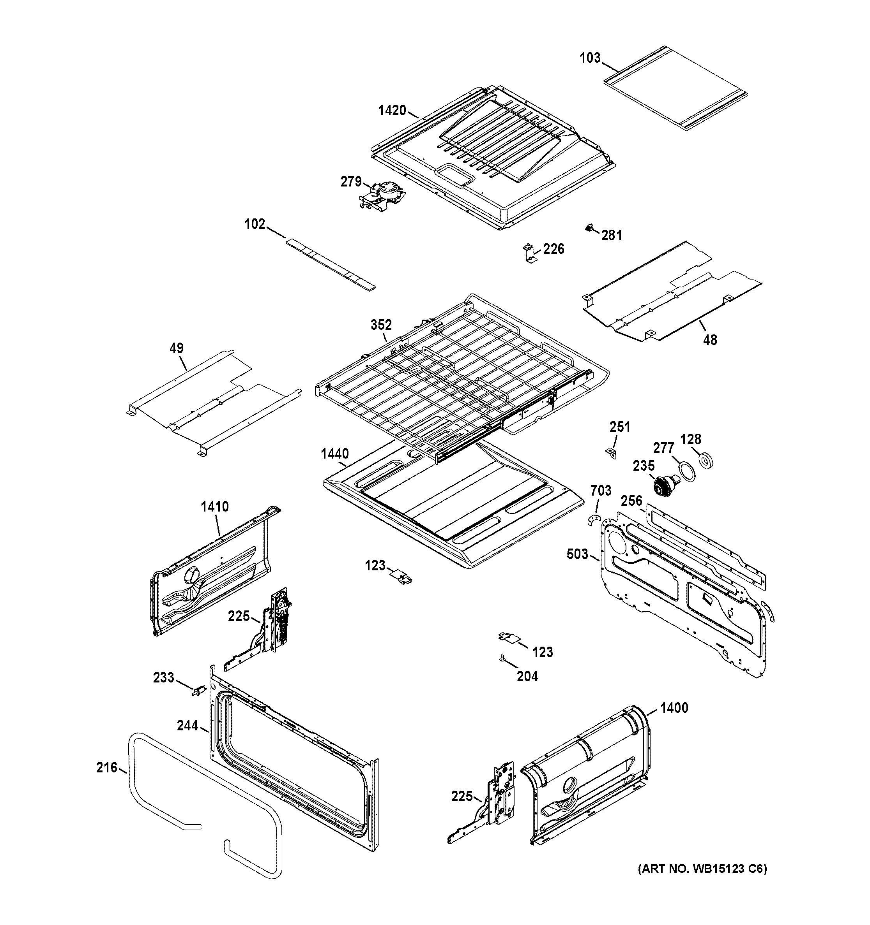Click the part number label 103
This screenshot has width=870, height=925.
590,58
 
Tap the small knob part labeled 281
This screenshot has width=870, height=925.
589,228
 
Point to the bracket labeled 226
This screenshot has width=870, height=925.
529,253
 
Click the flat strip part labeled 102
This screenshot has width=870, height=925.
330,264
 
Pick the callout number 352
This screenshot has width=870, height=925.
381,324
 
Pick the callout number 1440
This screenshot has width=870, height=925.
334,453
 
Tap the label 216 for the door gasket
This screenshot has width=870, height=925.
107,767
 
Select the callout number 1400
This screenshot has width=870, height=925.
674,708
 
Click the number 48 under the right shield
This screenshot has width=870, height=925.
710,340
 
